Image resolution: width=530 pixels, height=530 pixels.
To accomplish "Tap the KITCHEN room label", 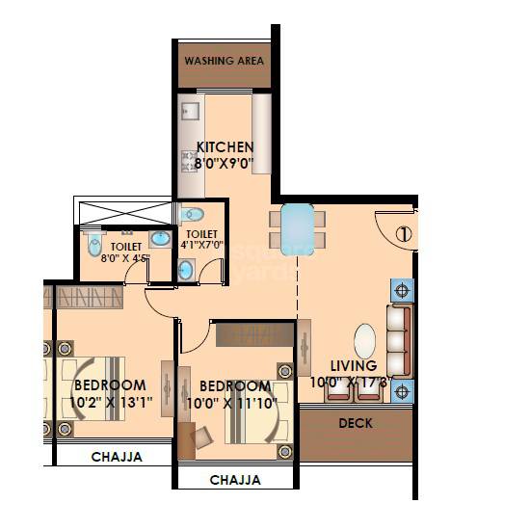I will tap(225, 147).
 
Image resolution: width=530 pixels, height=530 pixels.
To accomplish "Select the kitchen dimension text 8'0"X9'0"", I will tap(217, 165).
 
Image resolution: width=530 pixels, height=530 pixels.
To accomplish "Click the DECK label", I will tap(356, 423).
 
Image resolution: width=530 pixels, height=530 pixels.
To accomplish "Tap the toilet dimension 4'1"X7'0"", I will tap(200, 246).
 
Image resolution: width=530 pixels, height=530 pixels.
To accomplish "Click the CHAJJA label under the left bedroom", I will tap(117, 457).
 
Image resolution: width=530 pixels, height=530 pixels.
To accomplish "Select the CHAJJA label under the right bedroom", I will tap(235, 479).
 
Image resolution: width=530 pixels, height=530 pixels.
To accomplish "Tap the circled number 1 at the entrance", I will tap(403, 233).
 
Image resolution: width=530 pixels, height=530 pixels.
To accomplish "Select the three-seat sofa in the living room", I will tap(398, 342).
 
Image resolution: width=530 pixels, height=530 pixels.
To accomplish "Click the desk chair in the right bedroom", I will tap(201, 439).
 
